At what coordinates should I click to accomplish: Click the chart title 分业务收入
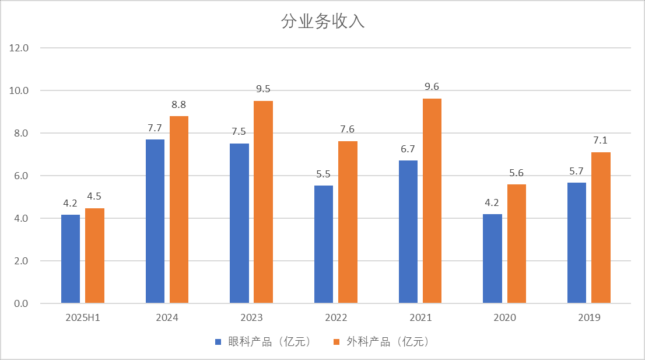pyautogui.click(x=322, y=22)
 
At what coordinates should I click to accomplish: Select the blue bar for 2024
pyautogui.click(x=155, y=222)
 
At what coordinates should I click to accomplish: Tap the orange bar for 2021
pyautogui.click(x=432, y=201)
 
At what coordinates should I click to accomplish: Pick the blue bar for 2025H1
pyautogui.click(x=71, y=259)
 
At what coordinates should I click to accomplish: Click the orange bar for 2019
pyautogui.click(x=601, y=228)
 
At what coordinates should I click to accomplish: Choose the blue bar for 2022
pyautogui.click(x=324, y=244)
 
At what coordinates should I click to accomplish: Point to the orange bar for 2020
pyautogui.click(x=516, y=244)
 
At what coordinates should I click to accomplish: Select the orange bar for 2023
pyautogui.click(x=263, y=202)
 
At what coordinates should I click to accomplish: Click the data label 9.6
pyautogui.click(x=432, y=87)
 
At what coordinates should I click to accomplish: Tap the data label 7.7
pyautogui.click(x=155, y=127)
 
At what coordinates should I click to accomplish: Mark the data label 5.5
pyautogui.click(x=324, y=174)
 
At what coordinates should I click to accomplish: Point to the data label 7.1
pyautogui.click(x=601, y=140)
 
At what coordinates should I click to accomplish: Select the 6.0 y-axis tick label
pyautogui.click(x=22, y=176)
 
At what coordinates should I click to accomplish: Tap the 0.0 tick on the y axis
pyautogui.click(x=22, y=303)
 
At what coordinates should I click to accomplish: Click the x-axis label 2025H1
pyautogui.click(x=83, y=318)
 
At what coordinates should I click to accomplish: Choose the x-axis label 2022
pyautogui.click(x=336, y=318)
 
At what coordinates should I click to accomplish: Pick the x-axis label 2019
pyautogui.click(x=589, y=318)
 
